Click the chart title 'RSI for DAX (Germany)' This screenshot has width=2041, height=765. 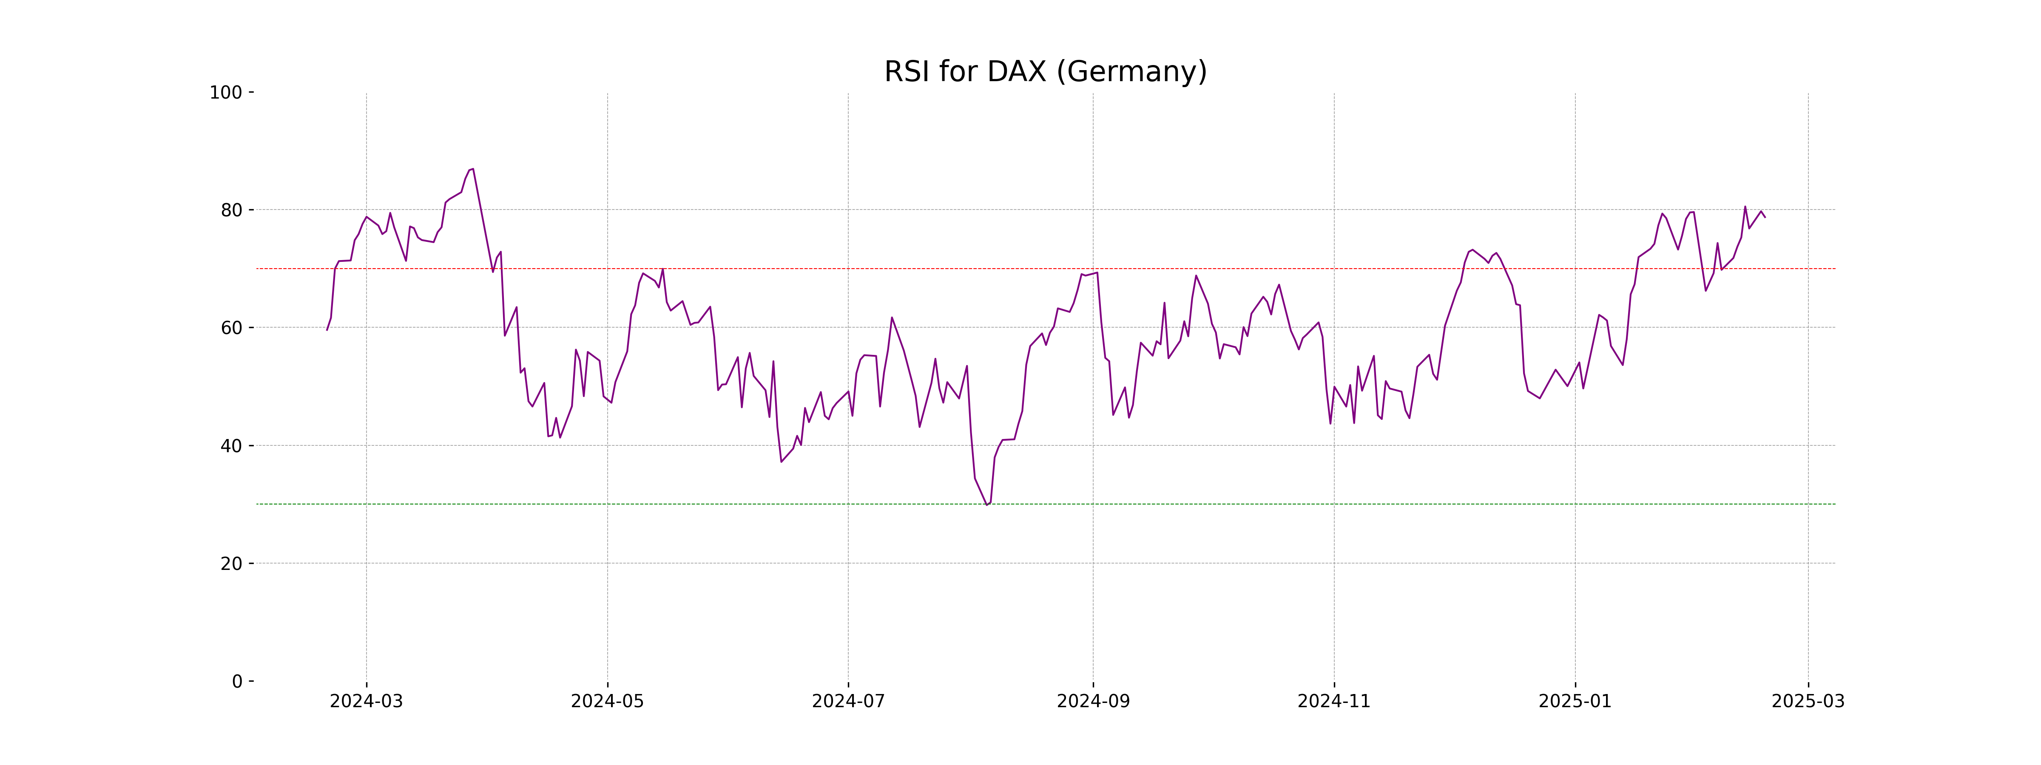(x=1045, y=72)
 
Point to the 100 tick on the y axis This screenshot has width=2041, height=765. (x=226, y=93)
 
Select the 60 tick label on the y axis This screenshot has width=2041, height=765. (x=231, y=328)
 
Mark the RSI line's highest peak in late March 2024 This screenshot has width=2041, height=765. (x=473, y=169)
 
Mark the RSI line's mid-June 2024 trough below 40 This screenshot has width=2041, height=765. (x=781, y=462)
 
